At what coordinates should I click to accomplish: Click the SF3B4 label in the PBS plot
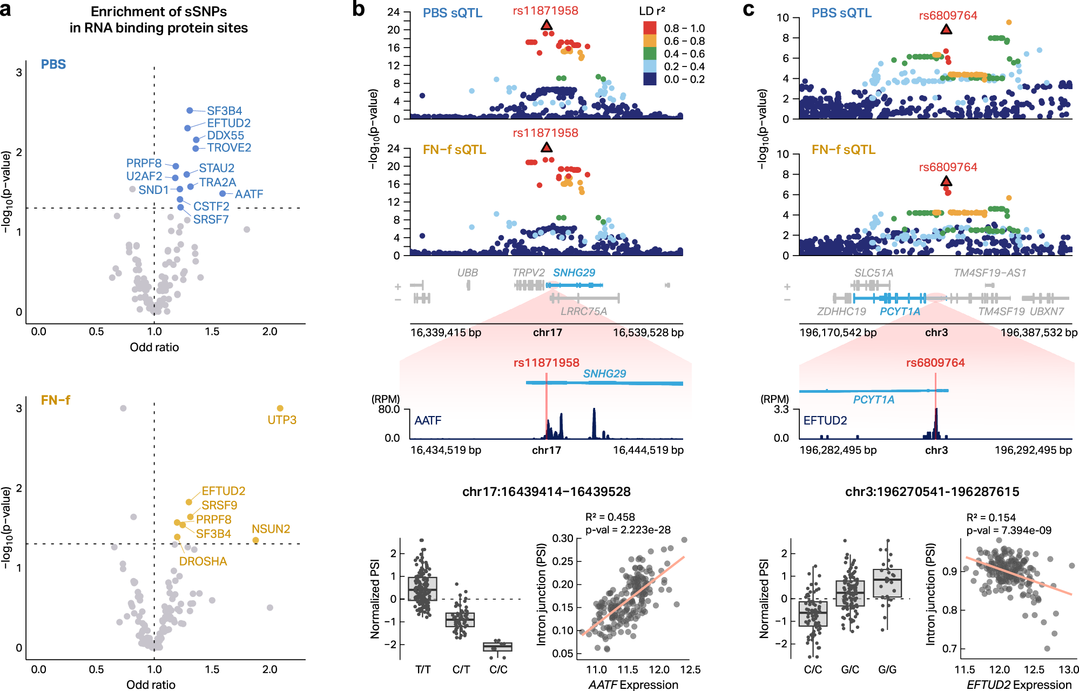click(224, 111)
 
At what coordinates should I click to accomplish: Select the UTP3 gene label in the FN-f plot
click(282, 420)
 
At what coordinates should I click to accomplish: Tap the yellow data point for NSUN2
click(255, 540)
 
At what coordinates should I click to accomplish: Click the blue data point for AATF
click(222, 193)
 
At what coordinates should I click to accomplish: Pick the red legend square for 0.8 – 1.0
click(650, 28)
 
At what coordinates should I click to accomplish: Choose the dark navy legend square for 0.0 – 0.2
click(650, 79)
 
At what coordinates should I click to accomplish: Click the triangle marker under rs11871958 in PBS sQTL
click(547, 25)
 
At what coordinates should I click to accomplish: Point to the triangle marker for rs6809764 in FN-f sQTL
click(946, 182)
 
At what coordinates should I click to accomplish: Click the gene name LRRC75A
click(583, 311)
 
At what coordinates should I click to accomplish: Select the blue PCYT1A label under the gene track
click(899, 311)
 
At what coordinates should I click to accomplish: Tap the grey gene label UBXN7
click(1047, 311)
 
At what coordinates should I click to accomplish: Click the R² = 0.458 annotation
click(610, 517)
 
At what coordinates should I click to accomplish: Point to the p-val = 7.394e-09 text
click(1008, 530)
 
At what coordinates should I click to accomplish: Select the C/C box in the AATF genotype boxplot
click(497, 647)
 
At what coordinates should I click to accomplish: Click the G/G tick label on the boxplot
click(887, 669)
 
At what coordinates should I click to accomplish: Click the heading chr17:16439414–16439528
click(546, 492)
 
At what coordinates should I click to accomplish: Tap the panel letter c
click(748, 9)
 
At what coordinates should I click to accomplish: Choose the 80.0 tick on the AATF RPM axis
click(389, 409)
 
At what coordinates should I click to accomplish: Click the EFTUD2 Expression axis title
click(1019, 685)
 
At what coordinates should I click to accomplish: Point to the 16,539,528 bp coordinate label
click(648, 332)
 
